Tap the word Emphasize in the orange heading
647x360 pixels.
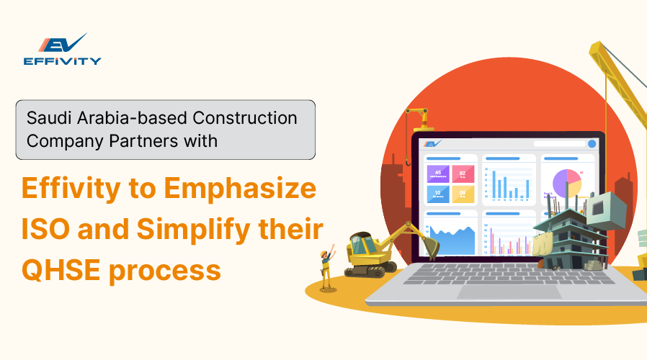click(x=241, y=189)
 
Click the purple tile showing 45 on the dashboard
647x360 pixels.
click(x=438, y=174)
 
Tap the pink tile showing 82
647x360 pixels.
click(x=463, y=174)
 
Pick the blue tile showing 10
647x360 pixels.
click(x=438, y=193)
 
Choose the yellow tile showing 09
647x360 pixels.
click(x=463, y=193)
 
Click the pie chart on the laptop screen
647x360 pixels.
click(x=566, y=183)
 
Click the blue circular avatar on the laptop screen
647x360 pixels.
click(x=592, y=144)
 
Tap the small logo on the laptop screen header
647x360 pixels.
click(x=432, y=144)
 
